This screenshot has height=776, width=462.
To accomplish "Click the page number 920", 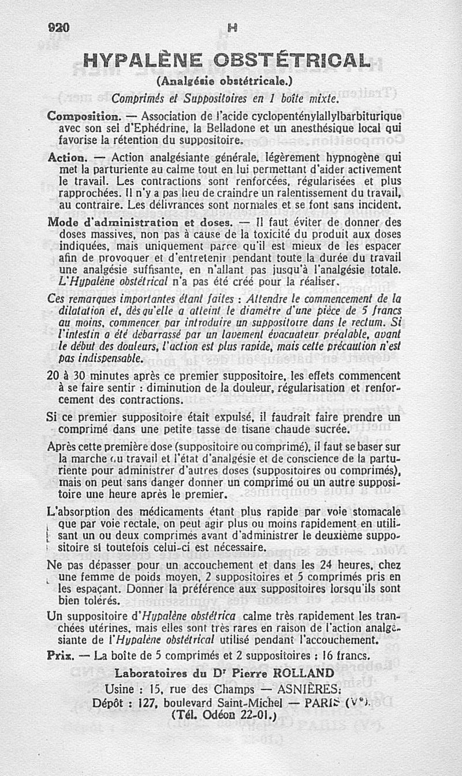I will [59, 27].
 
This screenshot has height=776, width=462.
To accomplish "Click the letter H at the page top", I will [232, 27].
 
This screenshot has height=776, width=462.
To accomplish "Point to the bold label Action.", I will [67, 157].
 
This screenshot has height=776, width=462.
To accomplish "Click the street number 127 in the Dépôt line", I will [148, 703].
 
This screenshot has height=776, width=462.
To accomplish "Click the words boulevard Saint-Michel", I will [222, 703].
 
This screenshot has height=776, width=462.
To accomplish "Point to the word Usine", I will [122, 688].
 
